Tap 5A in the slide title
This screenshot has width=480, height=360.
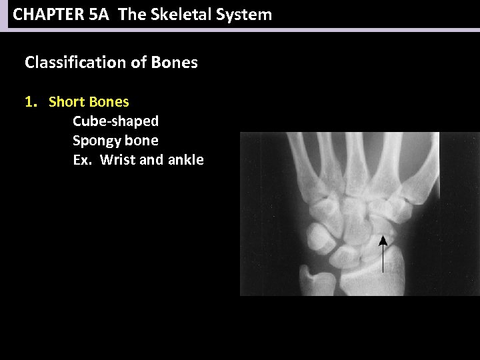click(98, 15)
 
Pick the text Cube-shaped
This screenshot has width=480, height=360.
click(115, 121)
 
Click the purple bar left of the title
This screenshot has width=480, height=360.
click(3, 15)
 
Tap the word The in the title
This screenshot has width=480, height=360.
click(131, 15)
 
